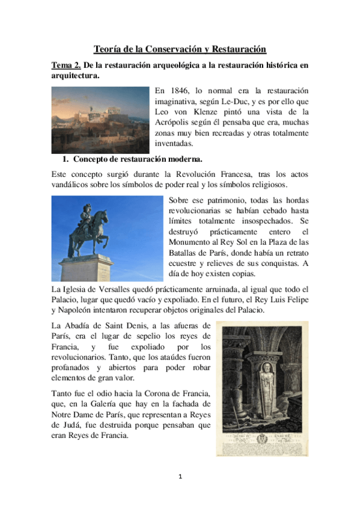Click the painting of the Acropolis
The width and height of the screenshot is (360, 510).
(x=100, y=120)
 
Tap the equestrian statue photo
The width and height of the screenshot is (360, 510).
(x=107, y=238)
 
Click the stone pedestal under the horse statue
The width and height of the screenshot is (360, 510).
(x=88, y=268)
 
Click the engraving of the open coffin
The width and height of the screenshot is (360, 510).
(x=262, y=388)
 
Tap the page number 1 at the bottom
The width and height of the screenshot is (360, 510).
(x=180, y=478)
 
